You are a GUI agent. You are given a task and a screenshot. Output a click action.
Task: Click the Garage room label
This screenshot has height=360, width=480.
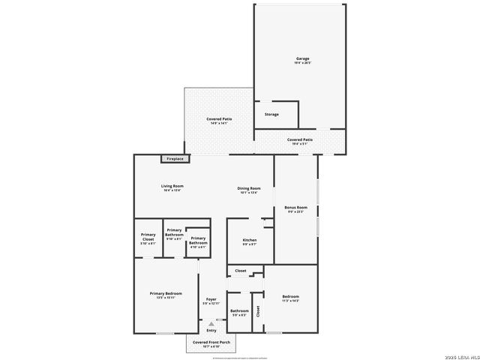click(x=302, y=58)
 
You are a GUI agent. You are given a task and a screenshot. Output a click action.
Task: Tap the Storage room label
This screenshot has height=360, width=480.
click(x=271, y=115)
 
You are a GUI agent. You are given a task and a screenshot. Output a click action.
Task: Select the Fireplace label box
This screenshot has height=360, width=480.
click(x=175, y=159)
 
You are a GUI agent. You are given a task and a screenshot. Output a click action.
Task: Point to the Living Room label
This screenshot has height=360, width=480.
click(x=172, y=186)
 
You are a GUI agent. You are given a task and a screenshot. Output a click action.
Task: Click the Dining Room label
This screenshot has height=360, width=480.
click(x=249, y=188)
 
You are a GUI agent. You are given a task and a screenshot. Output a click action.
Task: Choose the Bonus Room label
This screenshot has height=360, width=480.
click(x=295, y=207)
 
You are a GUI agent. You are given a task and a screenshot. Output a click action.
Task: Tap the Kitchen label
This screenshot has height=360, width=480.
click(x=249, y=240)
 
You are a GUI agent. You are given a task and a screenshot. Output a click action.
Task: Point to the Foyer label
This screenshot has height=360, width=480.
click(x=211, y=299)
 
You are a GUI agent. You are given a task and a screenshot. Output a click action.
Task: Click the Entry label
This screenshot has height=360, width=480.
click(x=211, y=331)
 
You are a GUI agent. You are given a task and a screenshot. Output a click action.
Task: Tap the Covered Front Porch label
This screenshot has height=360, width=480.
click(x=209, y=343)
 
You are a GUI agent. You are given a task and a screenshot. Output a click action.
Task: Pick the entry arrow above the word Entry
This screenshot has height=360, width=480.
click(x=211, y=323)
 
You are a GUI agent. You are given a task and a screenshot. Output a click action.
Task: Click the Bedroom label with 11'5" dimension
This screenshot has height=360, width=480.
click(x=290, y=297)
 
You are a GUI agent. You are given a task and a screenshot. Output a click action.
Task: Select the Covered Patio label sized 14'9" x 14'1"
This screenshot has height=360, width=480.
click(x=219, y=119)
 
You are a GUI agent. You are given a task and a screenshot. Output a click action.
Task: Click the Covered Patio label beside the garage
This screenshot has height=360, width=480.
click(x=300, y=139)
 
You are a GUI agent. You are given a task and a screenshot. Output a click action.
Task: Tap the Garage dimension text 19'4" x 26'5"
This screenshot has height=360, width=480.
click(x=302, y=64)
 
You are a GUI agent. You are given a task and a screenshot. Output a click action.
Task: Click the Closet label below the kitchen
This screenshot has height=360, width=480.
click(x=241, y=271)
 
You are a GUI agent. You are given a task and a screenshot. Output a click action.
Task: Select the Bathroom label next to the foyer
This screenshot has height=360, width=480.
click(x=239, y=310)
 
